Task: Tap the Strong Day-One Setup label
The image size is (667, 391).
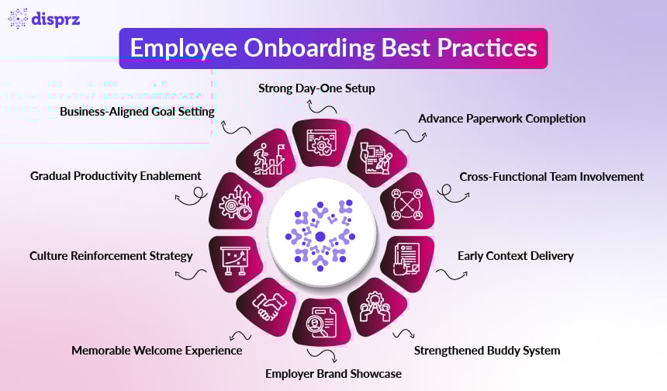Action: coord(316,88)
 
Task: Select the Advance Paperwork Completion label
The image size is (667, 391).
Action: coord(502,119)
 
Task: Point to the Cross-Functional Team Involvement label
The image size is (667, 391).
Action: coord(551,176)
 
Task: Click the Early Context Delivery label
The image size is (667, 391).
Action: coord(515,254)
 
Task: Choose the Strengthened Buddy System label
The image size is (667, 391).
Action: coord(486,350)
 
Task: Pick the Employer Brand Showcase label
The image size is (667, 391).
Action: coord(333,373)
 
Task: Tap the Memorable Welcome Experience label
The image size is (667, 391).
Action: coord(157,350)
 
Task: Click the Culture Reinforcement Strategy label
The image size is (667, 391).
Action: coord(111,254)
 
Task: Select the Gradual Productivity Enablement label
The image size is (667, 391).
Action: coord(116,176)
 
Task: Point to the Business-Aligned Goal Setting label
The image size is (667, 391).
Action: coord(137,111)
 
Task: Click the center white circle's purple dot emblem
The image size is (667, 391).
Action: coord(320,236)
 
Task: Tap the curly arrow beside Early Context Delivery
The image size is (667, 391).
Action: coord(447,273)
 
